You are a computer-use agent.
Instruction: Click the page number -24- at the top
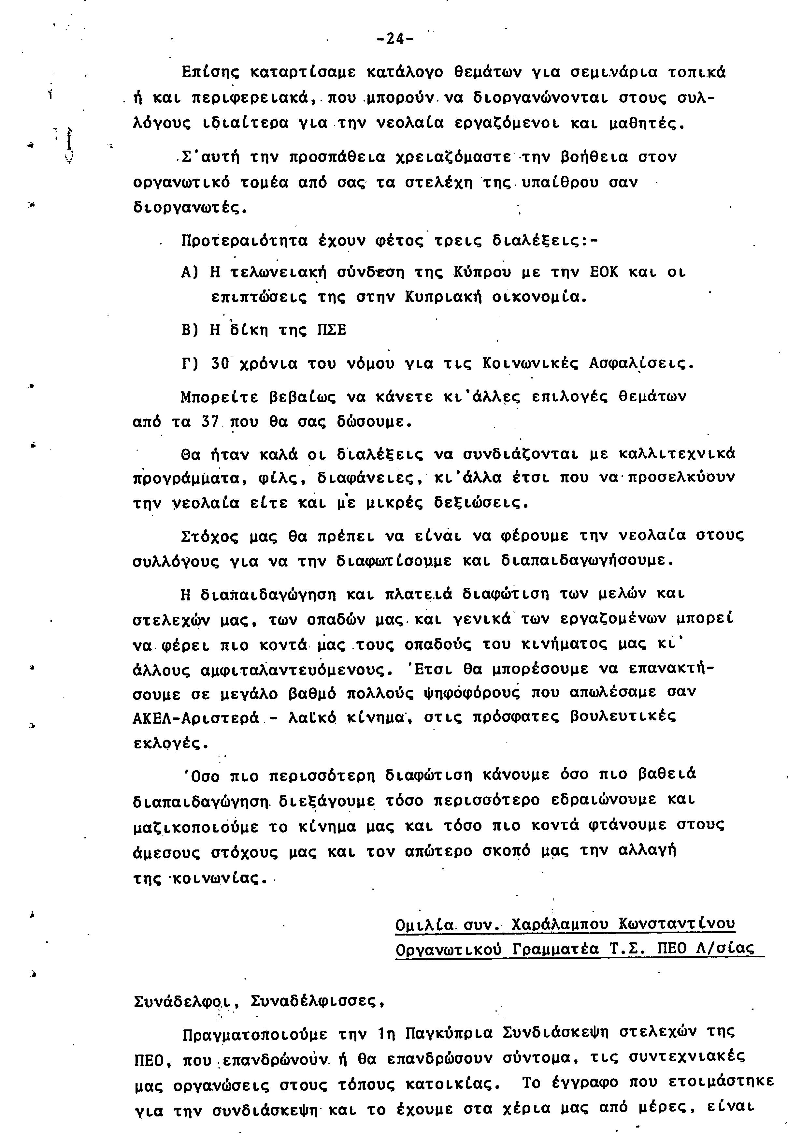(394, 38)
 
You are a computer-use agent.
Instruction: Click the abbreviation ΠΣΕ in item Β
(331, 330)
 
